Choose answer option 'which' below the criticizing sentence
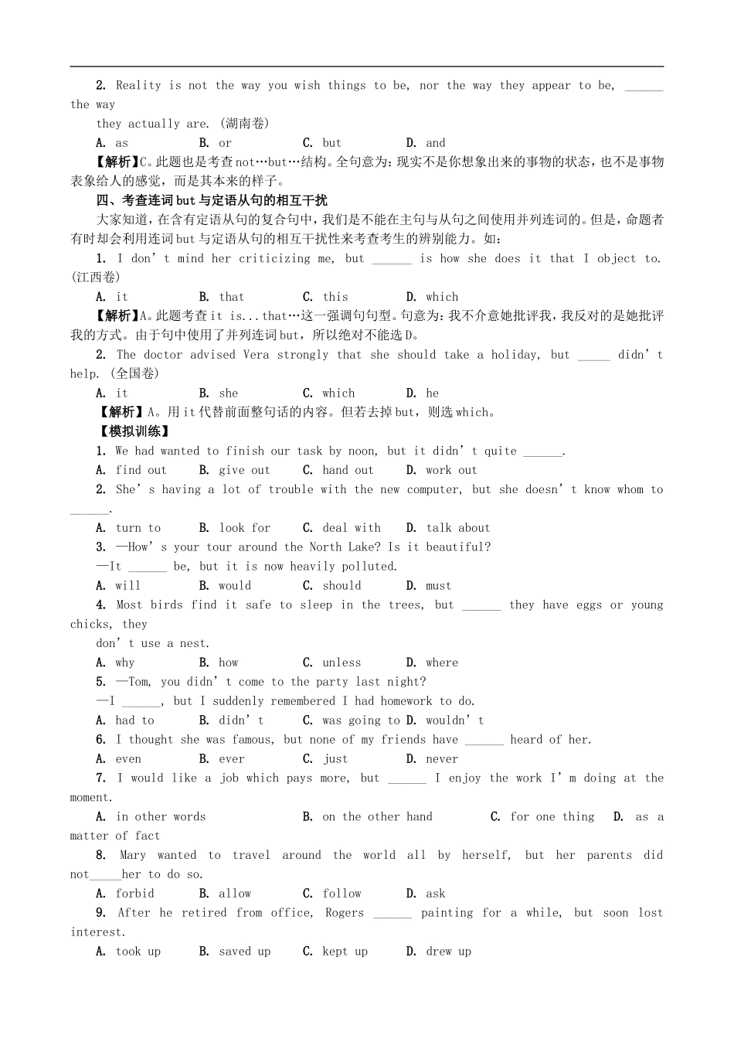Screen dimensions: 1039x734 pyautogui.click(x=442, y=297)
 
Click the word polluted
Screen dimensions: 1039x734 pyautogui.click(x=369, y=567)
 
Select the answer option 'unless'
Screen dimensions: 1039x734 pyautogui.click(x=342, y=663)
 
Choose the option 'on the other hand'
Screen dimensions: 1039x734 pyautogui.click(x=377, y=816)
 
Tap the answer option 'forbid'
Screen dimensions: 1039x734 pyautogui.click(x=134, y=894)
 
